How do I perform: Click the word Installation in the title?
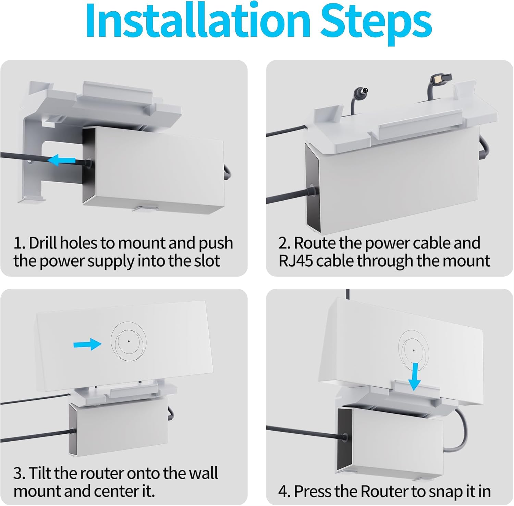click(x=198, y=21)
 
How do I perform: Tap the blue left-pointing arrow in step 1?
click(x=61, y=159)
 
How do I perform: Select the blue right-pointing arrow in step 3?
click(x=87, y=344)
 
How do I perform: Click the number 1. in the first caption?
click(x=20, y=243)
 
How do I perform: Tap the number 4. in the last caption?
click(x=284, y=492)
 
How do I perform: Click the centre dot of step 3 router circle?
click(x=128, y=341)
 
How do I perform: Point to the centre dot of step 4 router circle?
click(x=414, y=350)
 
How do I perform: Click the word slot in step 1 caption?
click(x=207, y=261)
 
